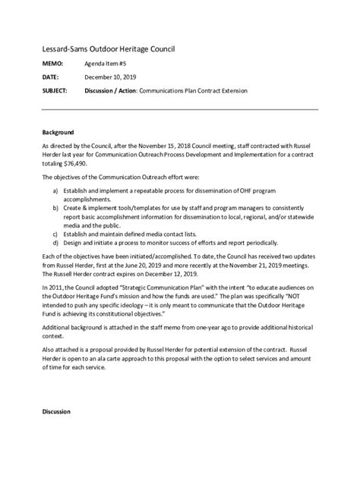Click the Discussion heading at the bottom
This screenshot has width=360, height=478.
click(56, 411)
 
